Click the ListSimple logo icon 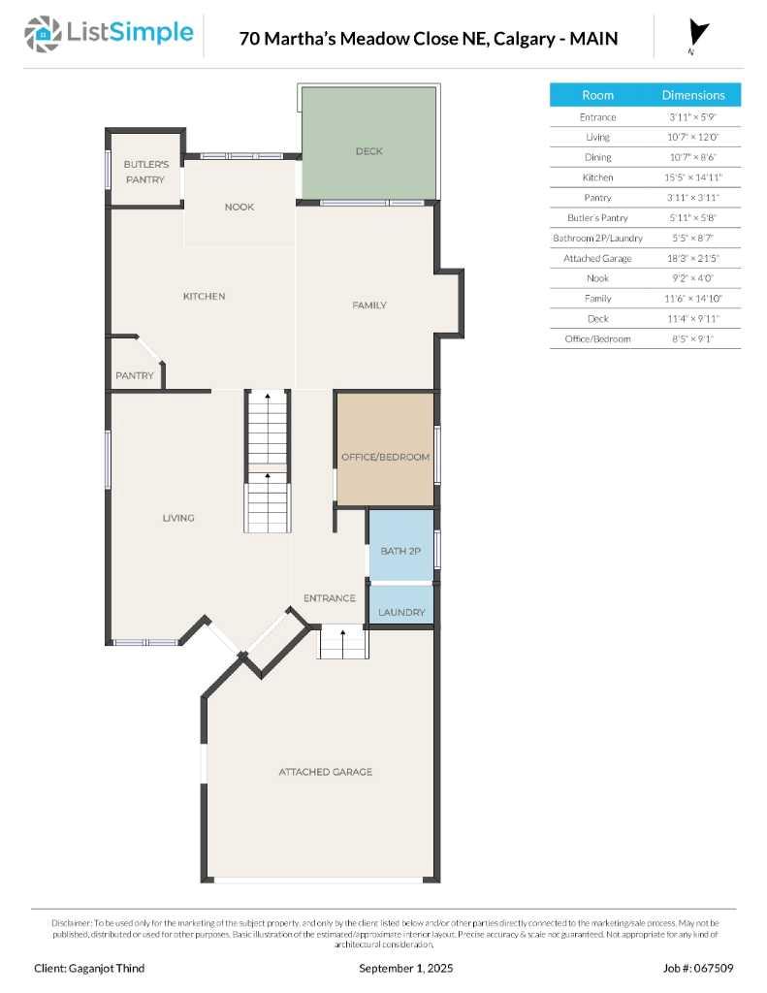[41, 35]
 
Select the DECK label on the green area [368, 151]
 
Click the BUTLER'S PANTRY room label [144, 172]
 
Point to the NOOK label [239, 207]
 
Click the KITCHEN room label [204, 296]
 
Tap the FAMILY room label [368, 305]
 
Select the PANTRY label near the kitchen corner [135, 375]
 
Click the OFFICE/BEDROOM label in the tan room [385, 457]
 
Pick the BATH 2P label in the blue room [399, 551]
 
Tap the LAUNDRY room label [401, 613]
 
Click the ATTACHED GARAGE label [325, 772]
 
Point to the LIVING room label [178, 518]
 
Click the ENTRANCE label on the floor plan [329, 598]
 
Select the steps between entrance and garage [344, 642]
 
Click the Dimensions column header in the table [692, 95]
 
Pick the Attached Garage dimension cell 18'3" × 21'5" [692, 259]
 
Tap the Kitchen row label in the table [597, 177]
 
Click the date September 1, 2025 [405, 968]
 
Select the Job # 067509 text [697, 968]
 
